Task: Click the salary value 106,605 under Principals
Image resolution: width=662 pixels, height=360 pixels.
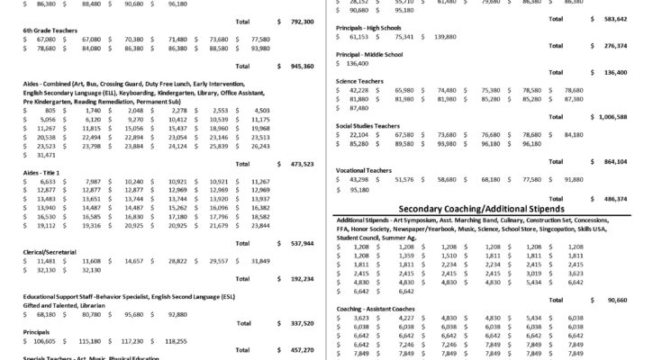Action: point(41,341)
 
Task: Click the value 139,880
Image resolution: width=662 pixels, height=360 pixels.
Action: point(444,37)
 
